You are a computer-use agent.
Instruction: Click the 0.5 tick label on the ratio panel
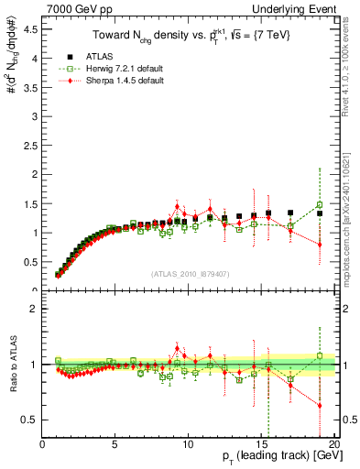click(30, 420)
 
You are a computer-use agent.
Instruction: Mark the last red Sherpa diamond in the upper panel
click(320, 245)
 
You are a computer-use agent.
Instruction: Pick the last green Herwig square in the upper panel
click(320, 205)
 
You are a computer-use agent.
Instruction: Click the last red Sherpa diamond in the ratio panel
click(320, 405)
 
